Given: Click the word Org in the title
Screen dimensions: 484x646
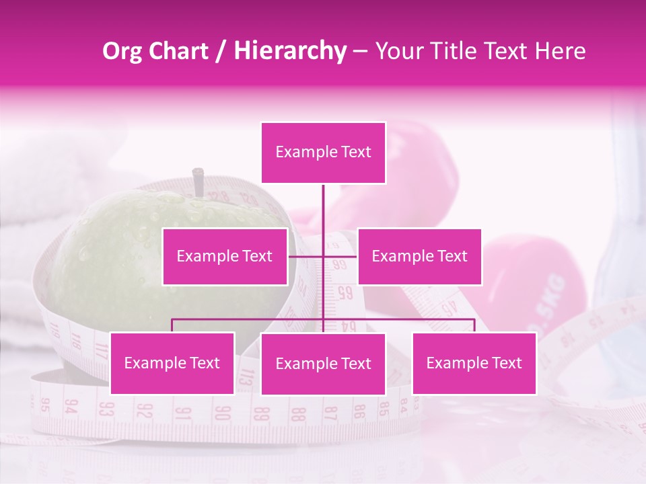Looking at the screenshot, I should pos(123,51).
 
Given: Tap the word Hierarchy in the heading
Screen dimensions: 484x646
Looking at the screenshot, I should pos(290,51).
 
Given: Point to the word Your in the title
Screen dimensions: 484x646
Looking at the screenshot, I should pos(396,51).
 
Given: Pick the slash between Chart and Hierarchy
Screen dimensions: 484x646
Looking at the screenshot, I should pos(221,51).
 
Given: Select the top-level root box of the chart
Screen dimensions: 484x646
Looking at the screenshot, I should pos(324,153).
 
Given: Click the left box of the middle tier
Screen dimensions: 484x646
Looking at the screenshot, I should pos(225,256).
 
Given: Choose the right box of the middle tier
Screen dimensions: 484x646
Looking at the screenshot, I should pos(419,256).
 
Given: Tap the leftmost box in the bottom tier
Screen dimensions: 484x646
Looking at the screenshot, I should pos(172,363).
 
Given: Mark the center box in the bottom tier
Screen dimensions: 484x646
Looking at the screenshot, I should pos(324,364).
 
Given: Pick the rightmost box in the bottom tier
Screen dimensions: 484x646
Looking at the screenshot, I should pos(474,363).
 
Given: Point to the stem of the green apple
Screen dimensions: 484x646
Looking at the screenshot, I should pos(199,181).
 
